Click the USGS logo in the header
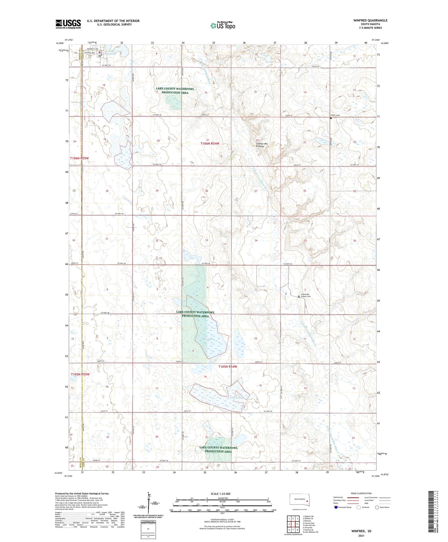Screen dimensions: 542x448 point(68,24)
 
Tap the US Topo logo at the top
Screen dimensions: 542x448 point(223,25)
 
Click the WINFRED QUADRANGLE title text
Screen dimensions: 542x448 point(370,20)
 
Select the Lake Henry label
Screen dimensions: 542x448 point(208,339)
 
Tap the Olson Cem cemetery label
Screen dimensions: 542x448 point(335,115)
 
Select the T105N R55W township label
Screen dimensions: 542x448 point(80,374)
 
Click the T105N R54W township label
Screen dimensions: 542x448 point(228,367)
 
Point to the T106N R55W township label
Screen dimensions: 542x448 point(79,158)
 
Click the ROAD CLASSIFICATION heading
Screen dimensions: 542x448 point(361,493)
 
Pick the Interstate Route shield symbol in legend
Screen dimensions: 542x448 point(336,507)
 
